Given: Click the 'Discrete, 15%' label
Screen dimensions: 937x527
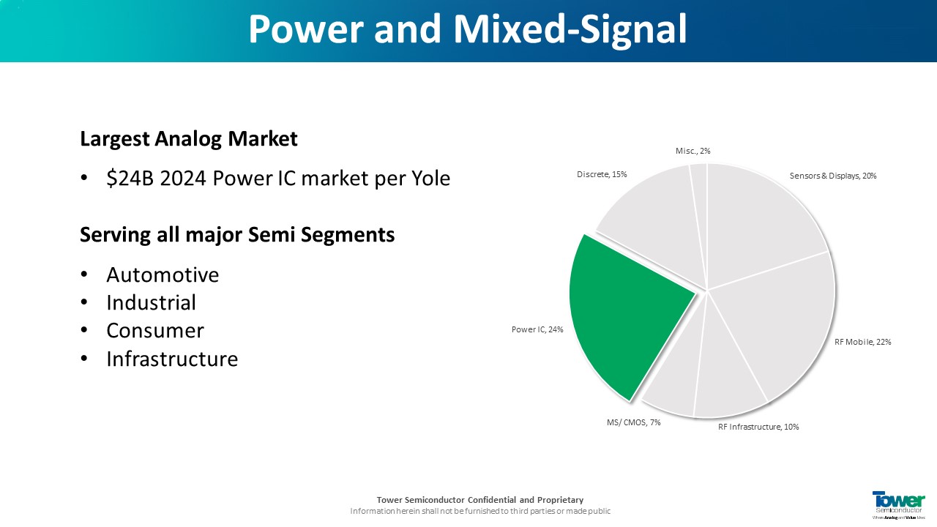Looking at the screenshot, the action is tap(602, 174).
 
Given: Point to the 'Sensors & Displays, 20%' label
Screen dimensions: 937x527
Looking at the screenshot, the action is tap(833, 176).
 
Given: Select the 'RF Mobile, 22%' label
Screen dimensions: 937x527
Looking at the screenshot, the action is tap(862, 342).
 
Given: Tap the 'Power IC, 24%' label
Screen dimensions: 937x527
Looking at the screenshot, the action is tap(537, 329).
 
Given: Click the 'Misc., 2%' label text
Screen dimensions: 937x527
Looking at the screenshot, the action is tap(693, 151).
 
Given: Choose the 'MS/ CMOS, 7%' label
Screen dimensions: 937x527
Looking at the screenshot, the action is tap(633, 422).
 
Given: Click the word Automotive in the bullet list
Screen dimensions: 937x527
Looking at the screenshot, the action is tap(163, 275).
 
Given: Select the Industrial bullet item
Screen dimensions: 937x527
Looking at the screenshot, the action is tap(151, 303).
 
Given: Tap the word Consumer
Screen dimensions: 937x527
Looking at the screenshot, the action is tap(155, 331).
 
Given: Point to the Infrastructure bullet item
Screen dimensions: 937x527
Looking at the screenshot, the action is tap(172, 359).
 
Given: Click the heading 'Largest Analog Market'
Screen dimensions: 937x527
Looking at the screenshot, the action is tap(189, 139).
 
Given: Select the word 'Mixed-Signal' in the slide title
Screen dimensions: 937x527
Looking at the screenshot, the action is tap(570, 29).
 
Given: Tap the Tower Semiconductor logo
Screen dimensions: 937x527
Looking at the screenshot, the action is tap(898, 505).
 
